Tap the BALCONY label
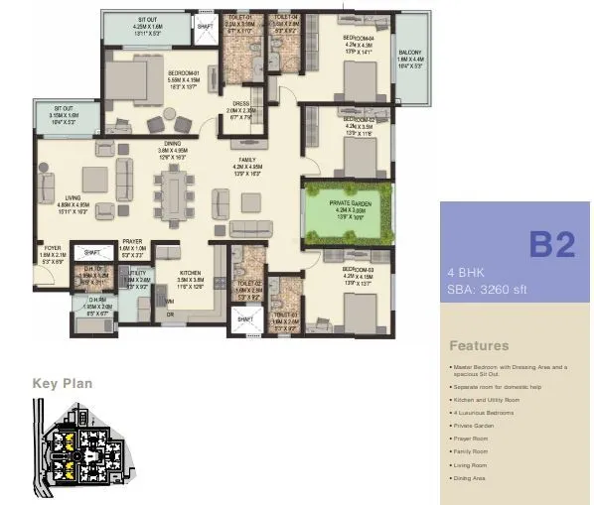[x=409, y=53]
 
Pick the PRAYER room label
[x=133, y=241]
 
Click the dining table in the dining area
[x=179, y=194]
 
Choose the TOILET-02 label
[x=248, y=284]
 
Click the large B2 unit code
[x=550, y=243]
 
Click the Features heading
[x=479, y=346]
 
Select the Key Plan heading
[x=63, y=383]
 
